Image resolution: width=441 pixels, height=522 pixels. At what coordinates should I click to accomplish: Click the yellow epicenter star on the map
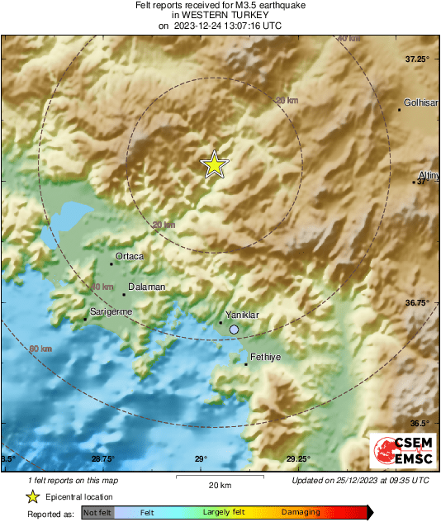coord(214,165)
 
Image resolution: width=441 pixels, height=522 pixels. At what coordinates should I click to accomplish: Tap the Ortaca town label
coord(130,257)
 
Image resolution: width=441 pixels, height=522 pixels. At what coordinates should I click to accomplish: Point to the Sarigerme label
coord(111,313)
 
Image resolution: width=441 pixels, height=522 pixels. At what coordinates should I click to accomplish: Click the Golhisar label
coord(421,103)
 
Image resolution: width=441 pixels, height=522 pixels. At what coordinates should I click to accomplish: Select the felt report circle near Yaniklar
coord(235,330)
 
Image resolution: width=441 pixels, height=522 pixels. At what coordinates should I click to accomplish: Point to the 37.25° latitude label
coord(417,59)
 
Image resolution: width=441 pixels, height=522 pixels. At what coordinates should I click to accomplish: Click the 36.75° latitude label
coord(417,302)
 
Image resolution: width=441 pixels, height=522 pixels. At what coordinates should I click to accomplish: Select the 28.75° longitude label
coord(102,459)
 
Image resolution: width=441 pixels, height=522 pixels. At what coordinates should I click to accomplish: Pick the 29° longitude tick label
coord(200,459)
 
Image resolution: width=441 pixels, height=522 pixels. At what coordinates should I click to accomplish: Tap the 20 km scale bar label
coord(219,484)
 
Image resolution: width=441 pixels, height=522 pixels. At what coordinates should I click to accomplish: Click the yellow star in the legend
coord(32,496)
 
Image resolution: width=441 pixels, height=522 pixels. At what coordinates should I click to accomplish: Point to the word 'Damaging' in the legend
coord(301,513)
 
